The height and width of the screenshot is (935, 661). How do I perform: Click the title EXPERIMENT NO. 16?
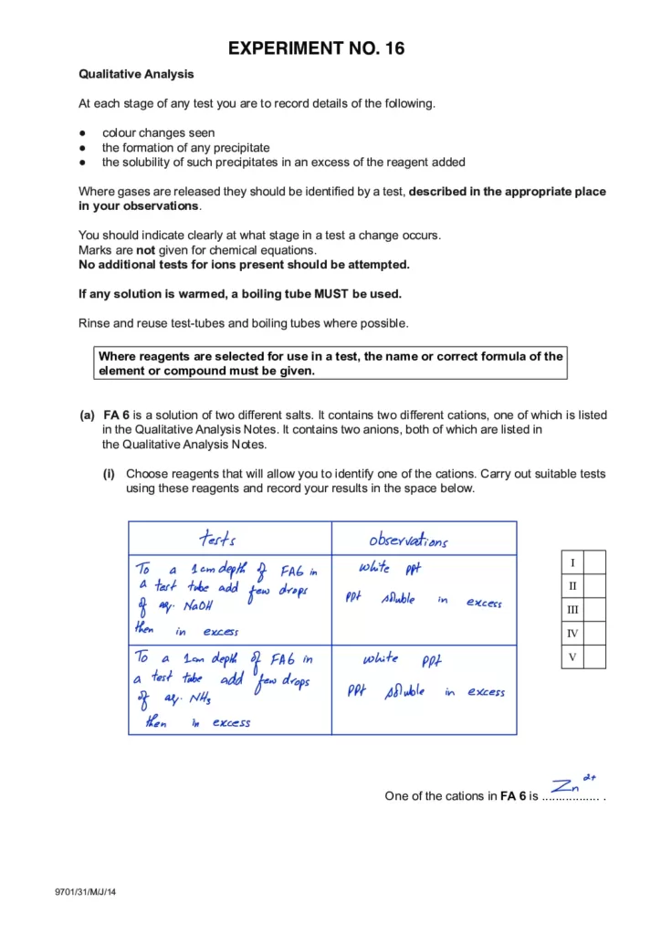[x=330, y=47]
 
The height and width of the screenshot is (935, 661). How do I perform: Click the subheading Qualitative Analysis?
[x=136, y=74]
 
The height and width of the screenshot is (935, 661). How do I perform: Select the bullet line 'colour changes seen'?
[x=158, y=132]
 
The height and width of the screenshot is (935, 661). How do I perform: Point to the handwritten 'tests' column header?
[x=219, y=539]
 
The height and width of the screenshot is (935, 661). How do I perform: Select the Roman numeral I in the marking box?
[x=572, y=562]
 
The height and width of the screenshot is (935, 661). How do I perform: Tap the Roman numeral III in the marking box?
[x=572, y=609]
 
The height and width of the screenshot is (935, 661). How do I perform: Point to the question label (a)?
[x=88, y=415]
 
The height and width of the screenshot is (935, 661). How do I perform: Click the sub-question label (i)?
[x=109, y=474]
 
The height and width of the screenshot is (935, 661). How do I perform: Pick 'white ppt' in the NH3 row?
[x=395, y=658]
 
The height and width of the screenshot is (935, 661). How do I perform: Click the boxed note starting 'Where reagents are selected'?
[x=330, y=363]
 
